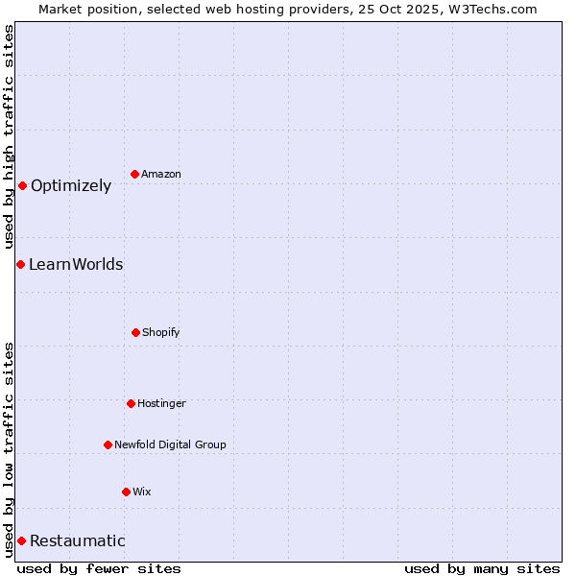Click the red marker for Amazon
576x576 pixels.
pyautogui.click(x=134, y=174)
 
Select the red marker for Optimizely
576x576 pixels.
pyautogui.click(x=22, y=185)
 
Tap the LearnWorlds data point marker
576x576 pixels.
pyautogui.click(x=20, y=264)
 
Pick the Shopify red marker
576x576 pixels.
pyautogui.click(x=135, y=332)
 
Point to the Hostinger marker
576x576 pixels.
pyautogui.click(x=131, y=403)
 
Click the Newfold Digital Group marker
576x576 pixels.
pyautogui.click(x=108, y=444)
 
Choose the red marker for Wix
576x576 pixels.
pyautogui.click(x=126, y=492)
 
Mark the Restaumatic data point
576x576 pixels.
pyautogui.click(x=21, y=540)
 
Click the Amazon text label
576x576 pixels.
pyautogui.click(x=161, y=174)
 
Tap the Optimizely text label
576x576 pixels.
pyautogui.click(x=71, y=185)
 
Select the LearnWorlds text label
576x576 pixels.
pyautogui.click(x=76, y=264)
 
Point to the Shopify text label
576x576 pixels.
pyautogui.click(x=161, y=332)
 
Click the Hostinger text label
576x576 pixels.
pyautogui.click(x=161, y=403)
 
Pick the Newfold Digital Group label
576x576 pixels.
pyautogui.click(x=170, y=444)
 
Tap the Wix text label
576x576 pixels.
pyautogui.click(x=142, y=492)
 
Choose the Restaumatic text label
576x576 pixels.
pyautogui.click(x=78, y=540)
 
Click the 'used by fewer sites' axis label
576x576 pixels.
pyautogui.click(x=99, y=568)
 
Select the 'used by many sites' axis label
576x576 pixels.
pyautogui.click(x=482, y=568)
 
